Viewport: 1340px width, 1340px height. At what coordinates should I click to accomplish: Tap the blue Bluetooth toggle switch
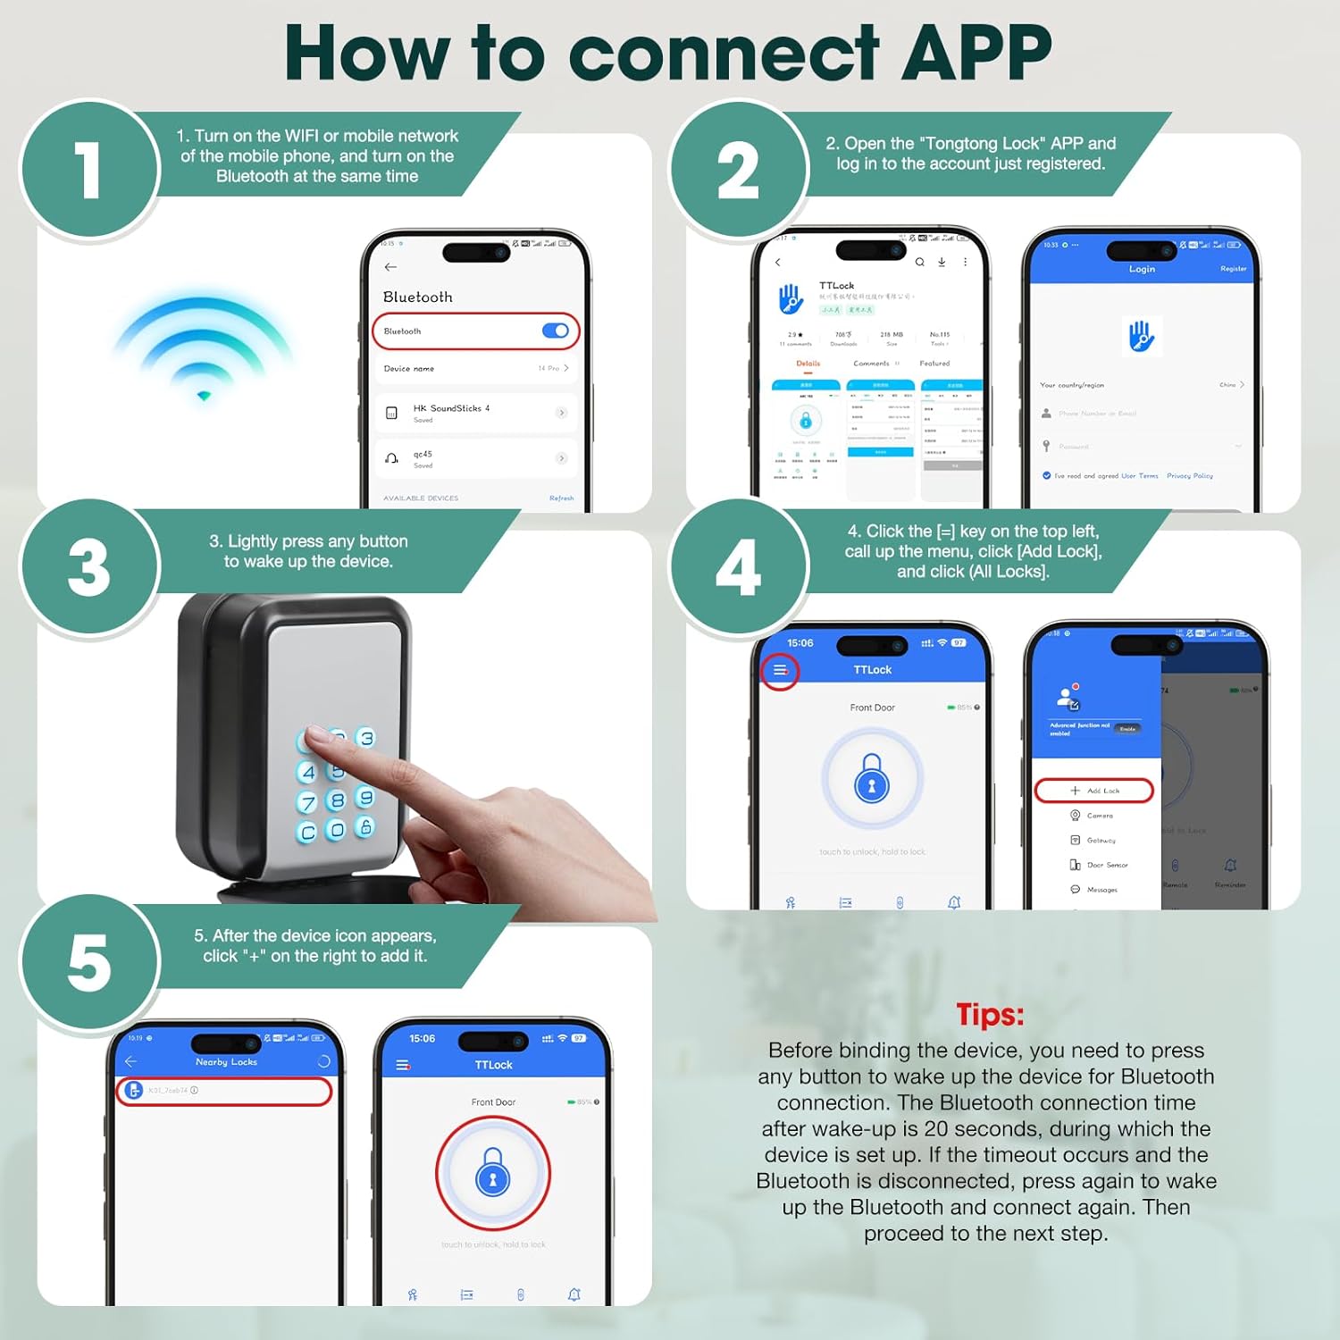click(x=555, y=331)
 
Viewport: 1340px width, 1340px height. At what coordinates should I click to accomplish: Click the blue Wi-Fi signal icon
click(x=204, y=348)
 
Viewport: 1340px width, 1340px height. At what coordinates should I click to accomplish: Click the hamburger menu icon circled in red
click(x=780, y=670)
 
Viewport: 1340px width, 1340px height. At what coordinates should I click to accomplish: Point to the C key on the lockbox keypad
click(x=307, y=833)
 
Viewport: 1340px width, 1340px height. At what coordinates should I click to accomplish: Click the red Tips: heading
click(x=990, y=1015)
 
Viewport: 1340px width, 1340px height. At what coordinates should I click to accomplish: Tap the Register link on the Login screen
click(x=1233, y=269)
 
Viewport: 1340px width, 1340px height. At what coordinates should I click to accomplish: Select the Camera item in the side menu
click(x=1099, y=816)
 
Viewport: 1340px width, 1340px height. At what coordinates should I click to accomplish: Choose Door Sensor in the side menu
click(x=1106, y=865)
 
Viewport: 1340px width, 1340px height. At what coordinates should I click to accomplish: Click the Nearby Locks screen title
click(x=226, y=1062)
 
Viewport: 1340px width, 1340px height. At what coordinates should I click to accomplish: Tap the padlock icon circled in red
click(x=493, y=1173)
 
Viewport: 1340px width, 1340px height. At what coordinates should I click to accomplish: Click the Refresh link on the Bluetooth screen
click(x=561, y=498)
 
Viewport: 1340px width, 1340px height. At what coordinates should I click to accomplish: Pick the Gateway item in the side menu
click(x=1101, y=841)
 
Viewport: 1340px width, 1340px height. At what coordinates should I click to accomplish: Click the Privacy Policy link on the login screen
click(x=1189, y=476)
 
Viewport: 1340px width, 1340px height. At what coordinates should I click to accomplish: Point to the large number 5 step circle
click(x=89, y=963)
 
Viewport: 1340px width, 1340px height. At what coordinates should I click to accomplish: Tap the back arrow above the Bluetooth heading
click(x=390, y=267)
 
